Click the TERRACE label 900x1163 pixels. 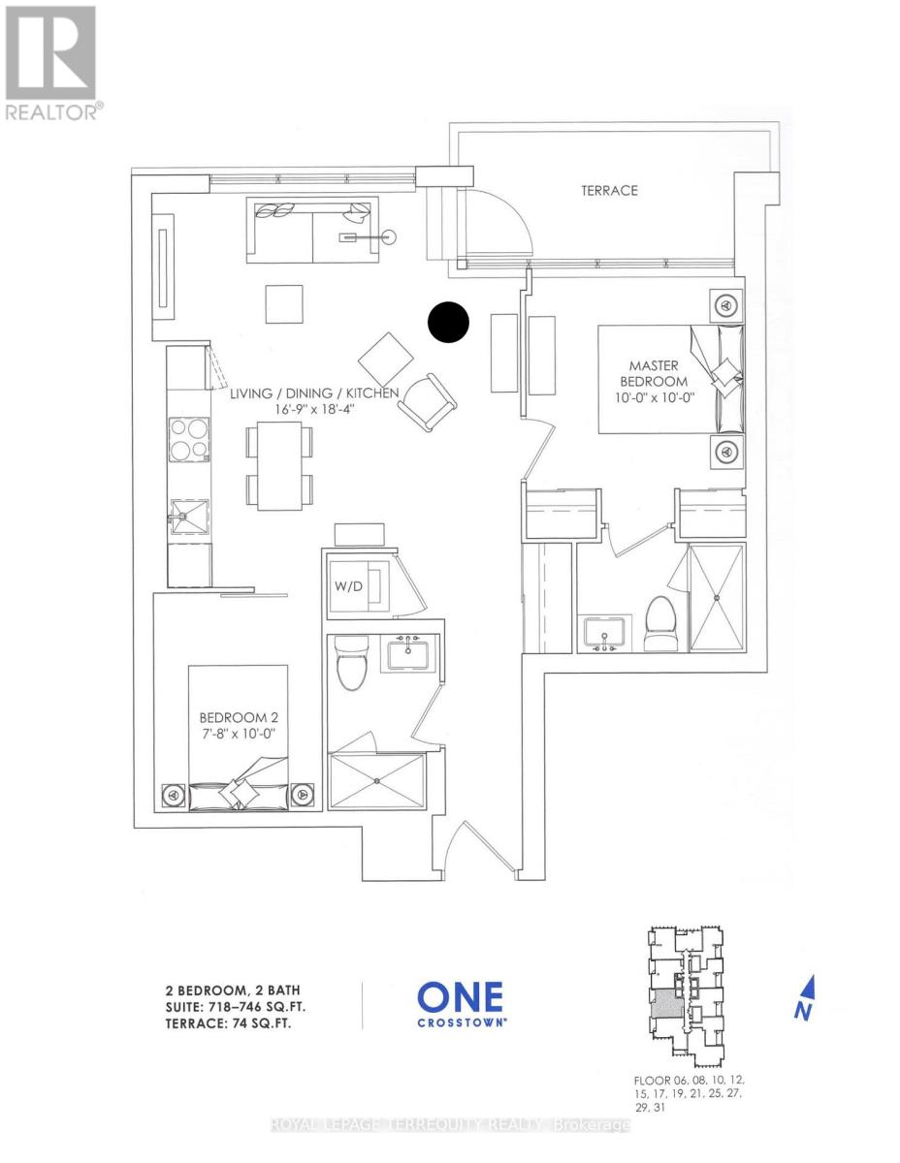[609, 191]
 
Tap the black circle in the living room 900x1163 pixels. [449, 323]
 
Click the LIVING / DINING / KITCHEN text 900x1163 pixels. [314, 401]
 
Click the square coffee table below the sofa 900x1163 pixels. [287, 304]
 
